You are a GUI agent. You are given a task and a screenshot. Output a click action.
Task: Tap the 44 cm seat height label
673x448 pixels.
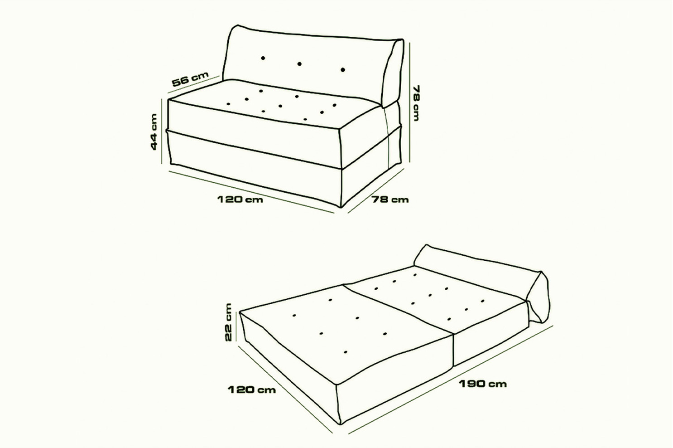[x=154, y=132]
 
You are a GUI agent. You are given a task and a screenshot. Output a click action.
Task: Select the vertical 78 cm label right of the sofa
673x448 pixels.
[x=416, y=103]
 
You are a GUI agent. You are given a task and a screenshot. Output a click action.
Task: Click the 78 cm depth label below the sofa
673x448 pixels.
[x=390, y=199]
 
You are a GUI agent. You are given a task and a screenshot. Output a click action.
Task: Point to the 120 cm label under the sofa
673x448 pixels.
[x=240, y=199]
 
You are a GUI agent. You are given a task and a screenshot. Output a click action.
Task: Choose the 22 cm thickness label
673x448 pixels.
[x=228, y=322]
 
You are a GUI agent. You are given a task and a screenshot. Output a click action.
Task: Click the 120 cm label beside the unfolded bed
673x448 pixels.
[x=252, y=390]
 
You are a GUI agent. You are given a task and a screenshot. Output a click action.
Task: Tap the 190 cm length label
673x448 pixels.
[x=483, y=384]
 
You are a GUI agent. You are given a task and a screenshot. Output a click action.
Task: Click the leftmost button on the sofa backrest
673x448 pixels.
[x=263, y=58]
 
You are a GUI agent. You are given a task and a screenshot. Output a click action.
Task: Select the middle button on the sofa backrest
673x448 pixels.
[x=299, y=64]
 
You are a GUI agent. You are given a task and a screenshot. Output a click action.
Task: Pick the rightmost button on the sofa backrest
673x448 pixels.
[x=343, y=70]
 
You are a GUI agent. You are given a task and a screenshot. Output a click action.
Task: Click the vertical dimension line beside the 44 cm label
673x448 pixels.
[x=162, y=131]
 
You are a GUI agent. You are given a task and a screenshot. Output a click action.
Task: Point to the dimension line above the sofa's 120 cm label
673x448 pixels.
[x=251, y=192]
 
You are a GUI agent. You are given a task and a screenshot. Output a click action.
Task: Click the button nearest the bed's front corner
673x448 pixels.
[x=346, y=352]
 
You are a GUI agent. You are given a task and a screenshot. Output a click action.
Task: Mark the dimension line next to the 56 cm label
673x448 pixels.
[x=193, y=84]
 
